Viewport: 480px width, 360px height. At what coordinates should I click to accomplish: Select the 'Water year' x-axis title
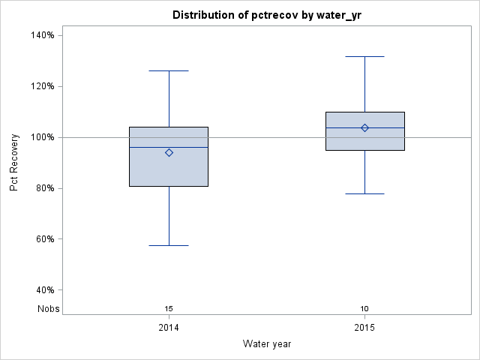pos(267,343)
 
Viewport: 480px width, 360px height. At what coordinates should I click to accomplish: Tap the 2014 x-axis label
pos(169,328)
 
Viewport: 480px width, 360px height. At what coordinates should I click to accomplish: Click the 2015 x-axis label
pos(364,328)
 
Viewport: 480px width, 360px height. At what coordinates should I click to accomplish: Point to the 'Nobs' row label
pos(48,308)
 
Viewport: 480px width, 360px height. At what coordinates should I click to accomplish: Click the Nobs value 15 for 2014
pos(169,308)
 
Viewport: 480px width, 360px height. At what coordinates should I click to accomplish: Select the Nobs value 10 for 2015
pos(364,308)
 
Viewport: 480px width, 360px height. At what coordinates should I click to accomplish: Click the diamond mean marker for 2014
pos(169,152)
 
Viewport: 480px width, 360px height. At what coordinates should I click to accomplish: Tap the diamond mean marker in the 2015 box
pos(364,127)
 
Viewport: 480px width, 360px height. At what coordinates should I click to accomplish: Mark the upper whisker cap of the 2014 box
pos(169,70)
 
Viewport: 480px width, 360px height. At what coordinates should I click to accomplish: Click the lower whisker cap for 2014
pos(169,245)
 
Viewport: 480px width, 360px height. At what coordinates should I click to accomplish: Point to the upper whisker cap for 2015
pos(364,56)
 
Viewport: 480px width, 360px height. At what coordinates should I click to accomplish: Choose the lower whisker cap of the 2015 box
pos(364,193)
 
